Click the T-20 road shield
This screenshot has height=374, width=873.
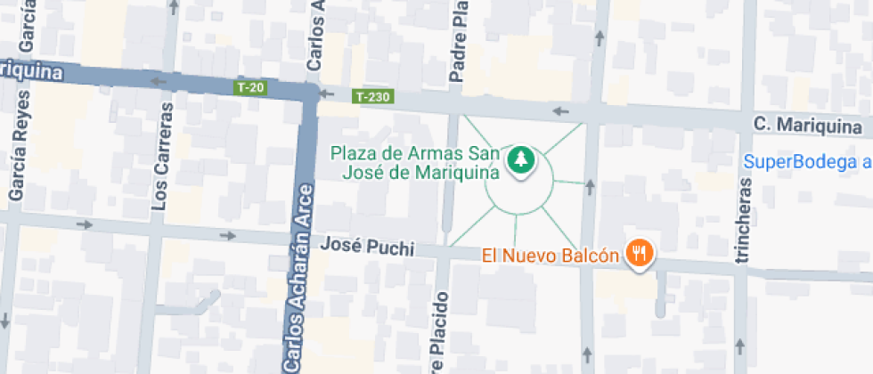coord(250,87)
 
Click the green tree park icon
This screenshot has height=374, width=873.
coord(519,160)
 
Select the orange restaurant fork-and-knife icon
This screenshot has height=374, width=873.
coord(639,254)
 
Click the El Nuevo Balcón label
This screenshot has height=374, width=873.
coord(550,256)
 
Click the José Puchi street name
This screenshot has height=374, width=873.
coord(367,245)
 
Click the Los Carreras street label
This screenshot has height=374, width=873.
coord(161,156)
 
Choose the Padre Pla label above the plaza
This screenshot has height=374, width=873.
coord(459,40)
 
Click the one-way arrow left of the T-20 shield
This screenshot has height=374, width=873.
coord(161,83)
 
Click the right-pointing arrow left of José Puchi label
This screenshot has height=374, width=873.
coord(227,236)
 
